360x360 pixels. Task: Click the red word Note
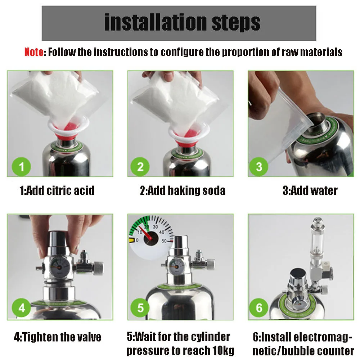(x=34, y=52)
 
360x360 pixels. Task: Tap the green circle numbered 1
(x=21, y=167)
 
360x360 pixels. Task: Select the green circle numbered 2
(x=140, y=167)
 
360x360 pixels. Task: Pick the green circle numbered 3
(x=259, y=167)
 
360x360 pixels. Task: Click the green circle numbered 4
(x=21, y=308)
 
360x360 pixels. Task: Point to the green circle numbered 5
(x=140, y=308)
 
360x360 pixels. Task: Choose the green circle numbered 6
(x=259, y=308)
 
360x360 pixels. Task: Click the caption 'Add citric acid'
(x=60, y=190)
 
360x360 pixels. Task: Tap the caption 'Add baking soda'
(x=186, y=191)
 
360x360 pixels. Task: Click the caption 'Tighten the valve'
(x=62, y=337)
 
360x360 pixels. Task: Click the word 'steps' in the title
(x=236, y=22)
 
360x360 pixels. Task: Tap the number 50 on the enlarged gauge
(x=164, y=241)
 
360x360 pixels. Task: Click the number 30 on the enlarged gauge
(x=156, y=227)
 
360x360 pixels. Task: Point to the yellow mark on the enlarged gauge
(x=131, y=240)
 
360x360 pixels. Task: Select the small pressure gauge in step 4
(x=59, y=266)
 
